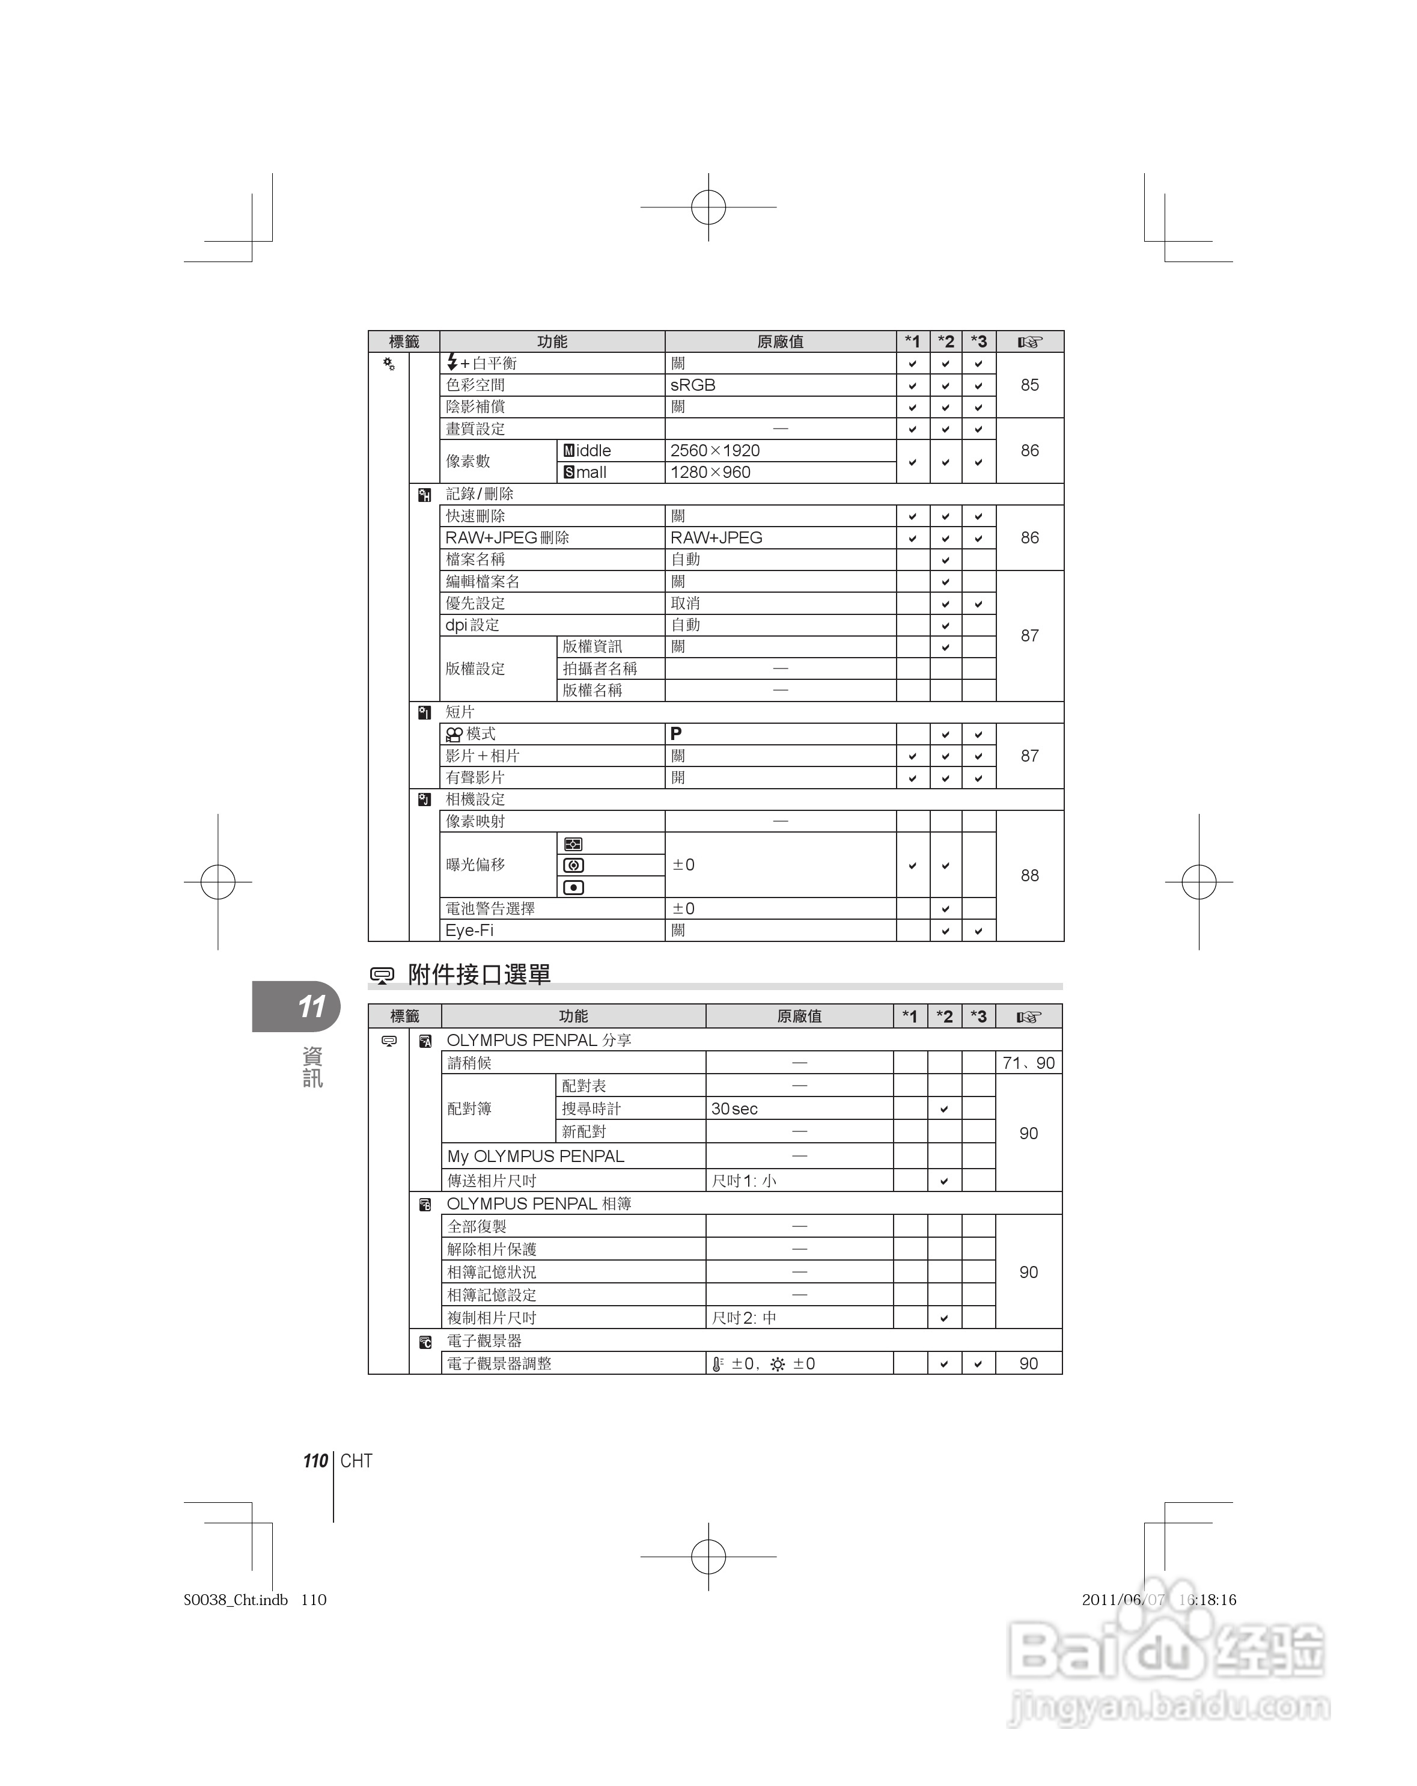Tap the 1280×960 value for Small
(710, 472)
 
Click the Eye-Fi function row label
(469, 931)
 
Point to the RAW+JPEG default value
(716, 537)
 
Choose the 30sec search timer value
(734, 1109)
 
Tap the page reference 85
(1029, 385)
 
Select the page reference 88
(1029, 876)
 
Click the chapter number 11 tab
(311, 1006)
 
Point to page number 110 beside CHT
(315, 1460)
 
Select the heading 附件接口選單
(479, 974)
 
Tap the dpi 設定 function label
(472, 625)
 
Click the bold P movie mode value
(676, 734)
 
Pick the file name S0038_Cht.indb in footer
(235, 1600)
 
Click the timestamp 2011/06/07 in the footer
(1122, 1600)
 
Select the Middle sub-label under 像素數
(587, 451)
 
